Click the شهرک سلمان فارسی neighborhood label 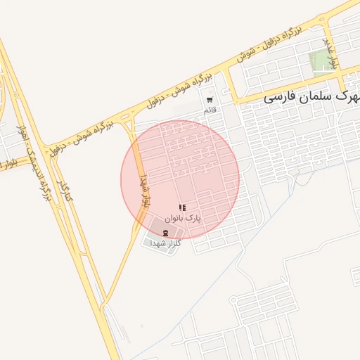(310, 97)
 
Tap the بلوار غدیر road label (330, 53)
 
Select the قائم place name (210, 111)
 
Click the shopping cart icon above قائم (210, 100)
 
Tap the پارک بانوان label (183, 219)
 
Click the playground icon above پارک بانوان (183, 207)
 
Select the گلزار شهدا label (166, 243)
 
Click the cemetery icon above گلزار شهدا (165, 232)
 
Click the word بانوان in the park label (176, 219)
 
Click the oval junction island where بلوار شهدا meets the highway (129, 126)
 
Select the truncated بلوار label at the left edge (7, 166)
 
